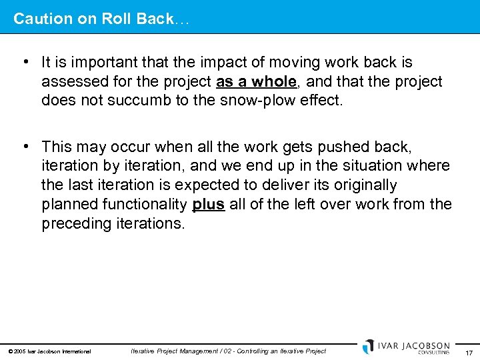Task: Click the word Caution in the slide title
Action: pyautogui.click(x=43, y=19)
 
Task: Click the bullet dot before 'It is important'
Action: pyautogui.click(x=25, y=63)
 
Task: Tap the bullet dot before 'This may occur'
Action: pyautogui.click(x=25, y=146)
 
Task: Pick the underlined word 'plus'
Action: pyautogui.click(x=208, y=204)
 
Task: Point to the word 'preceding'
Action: pyautogui.click(x=75, y=223)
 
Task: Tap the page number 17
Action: pyautogui.click(x=469, y=351)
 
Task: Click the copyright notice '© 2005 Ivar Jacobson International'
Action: pyautogui.click(x=49, y=351)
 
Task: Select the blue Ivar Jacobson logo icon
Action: pyautogui.click(x=368, y=347)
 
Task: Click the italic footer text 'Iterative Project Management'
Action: pyautogui.click(x=174, y=351)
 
